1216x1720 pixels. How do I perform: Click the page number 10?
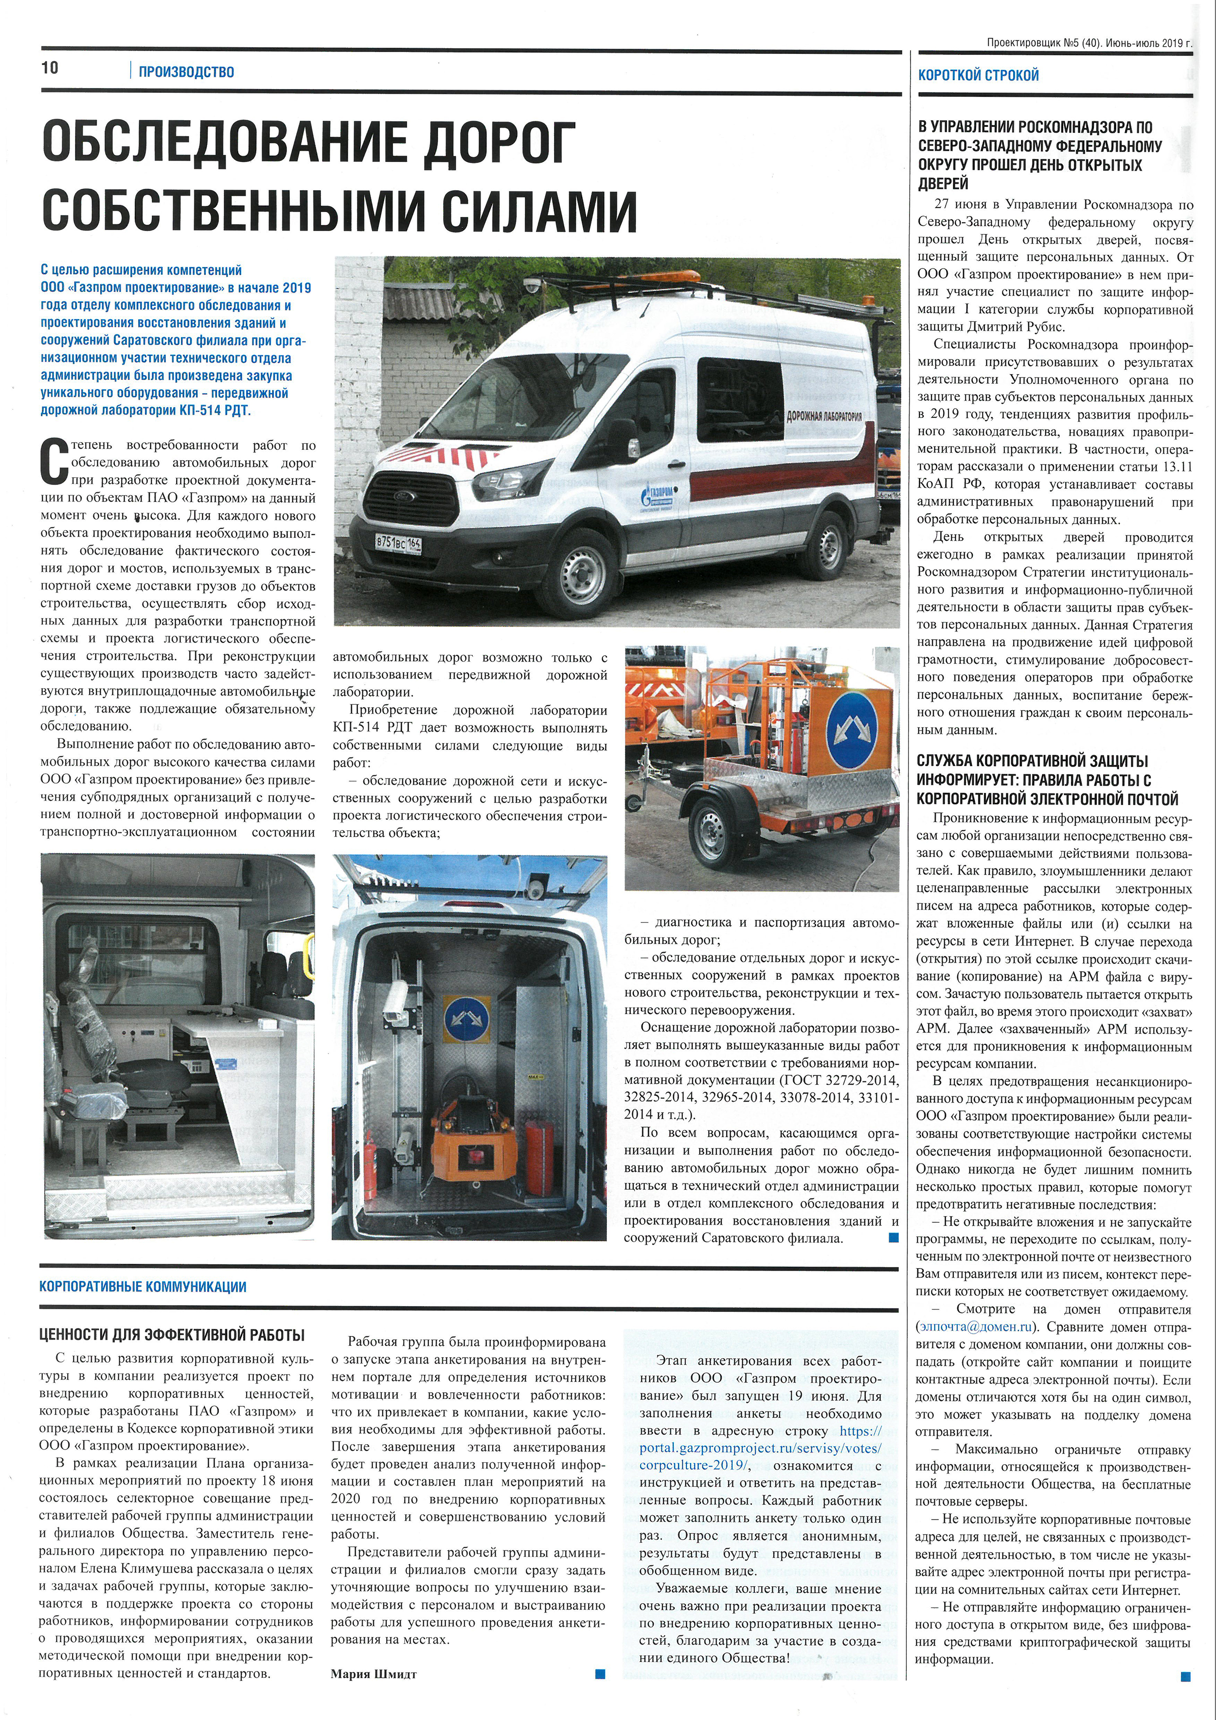[x=50, y=68]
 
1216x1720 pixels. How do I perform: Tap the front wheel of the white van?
[x=583, y=569]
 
